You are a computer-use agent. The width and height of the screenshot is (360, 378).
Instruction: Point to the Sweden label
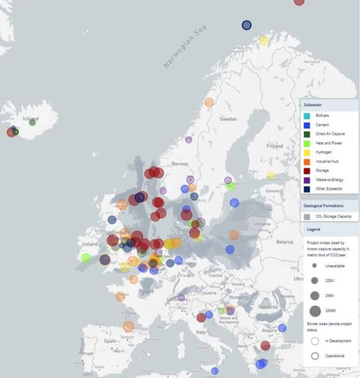[x=228, y=118]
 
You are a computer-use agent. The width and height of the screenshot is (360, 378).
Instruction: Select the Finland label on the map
[x=275, y=146]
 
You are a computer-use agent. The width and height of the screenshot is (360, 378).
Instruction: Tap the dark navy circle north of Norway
[x=247, y=25]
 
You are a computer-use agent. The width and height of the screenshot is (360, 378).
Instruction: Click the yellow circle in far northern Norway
[x=264, y=42]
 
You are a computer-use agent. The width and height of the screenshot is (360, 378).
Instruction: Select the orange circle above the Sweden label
[x=209, y=102]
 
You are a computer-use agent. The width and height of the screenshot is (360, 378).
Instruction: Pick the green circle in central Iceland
[x=32, y=122]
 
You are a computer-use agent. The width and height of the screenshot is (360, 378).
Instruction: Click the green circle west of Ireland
[x=86, y=257]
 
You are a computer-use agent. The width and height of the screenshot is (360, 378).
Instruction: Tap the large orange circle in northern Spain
[x=129, y=326]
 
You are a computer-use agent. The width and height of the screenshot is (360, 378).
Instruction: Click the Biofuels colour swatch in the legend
[x=306, y=116]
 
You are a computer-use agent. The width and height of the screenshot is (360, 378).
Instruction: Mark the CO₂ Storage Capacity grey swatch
[x=306, y=217]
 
